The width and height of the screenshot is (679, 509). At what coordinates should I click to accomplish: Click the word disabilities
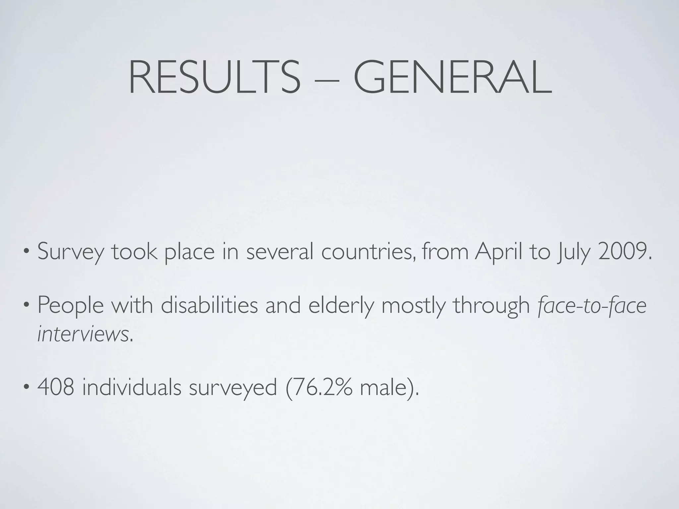coord(209,305)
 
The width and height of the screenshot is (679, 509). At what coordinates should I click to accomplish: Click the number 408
coord(56,387)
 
